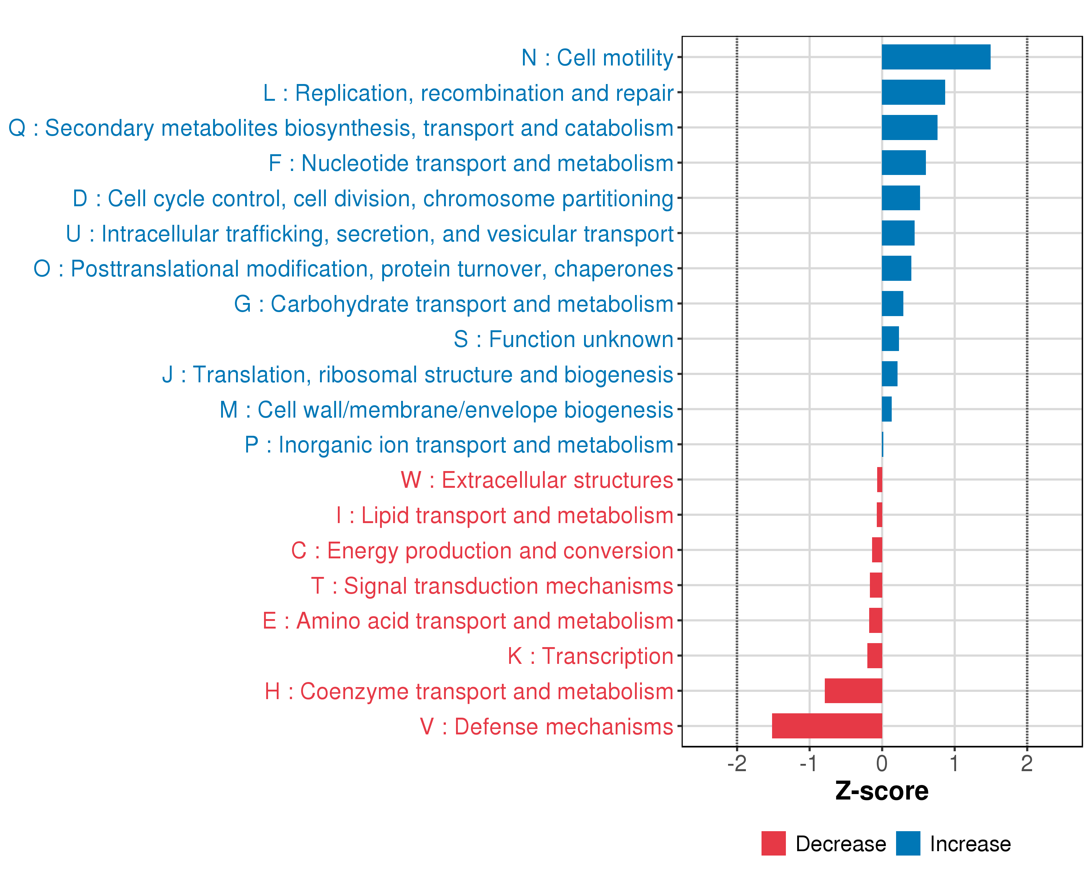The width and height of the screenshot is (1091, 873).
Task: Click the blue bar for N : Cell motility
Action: coord(936,57)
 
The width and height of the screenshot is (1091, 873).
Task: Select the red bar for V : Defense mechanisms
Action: coord(827,726)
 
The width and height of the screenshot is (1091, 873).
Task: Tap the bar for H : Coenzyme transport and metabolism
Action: coord(853,691)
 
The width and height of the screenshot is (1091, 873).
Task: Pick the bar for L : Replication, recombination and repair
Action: coord(913,92)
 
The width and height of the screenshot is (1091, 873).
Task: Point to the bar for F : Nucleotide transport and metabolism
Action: coord(903,163)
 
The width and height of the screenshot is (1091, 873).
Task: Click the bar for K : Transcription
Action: coord(874,655)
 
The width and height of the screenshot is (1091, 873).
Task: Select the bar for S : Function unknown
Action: coord(890,339)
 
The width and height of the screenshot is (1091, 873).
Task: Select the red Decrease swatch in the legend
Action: coord(773,844)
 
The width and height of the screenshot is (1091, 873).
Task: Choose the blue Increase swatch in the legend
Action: coord(908,844)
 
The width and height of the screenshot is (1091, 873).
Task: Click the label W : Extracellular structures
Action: coord(537,480)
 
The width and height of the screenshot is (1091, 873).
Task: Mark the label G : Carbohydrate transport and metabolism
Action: coord(453,304)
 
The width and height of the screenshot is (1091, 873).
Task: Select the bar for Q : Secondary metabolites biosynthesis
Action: coord(909,128)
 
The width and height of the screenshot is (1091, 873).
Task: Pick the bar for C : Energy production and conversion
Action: coord(877,550)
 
